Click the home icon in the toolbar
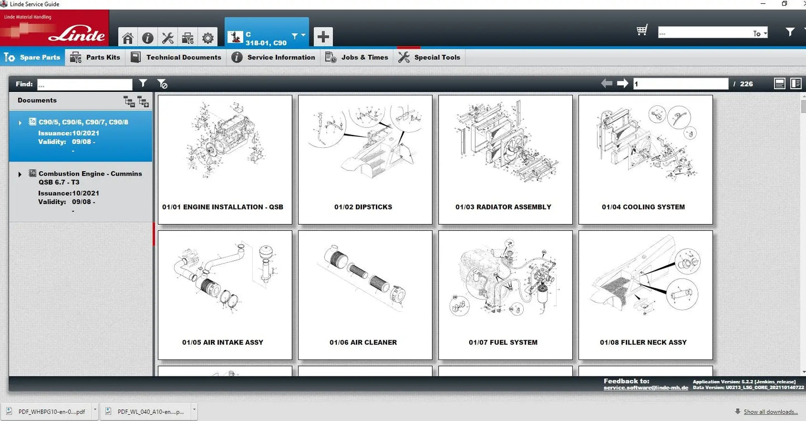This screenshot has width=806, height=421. pyautogui.click(x=128, y=38)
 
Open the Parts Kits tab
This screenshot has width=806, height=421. pyautogui.click(x=95, y=57)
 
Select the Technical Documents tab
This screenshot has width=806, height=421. pyautogui.click(x=176, y=57)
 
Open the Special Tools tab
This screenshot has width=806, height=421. pyautogui.click(x=429, y=57)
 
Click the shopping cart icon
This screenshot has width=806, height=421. pyautogui.click(x=642, y=31)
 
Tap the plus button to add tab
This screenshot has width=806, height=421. pyautogui.click(x=323, y=37)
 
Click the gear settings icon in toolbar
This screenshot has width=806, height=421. pyautogui.click(x=207, y=38)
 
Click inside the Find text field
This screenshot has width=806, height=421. pyautogui.click(x=85, y=84)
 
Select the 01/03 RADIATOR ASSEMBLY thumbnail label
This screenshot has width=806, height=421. pyautogui.click(x=503, y=207)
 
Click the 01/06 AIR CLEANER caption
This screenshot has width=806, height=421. pyautogui.click(x=363, y=342)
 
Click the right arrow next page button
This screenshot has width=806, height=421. pyautogui.click(x=622, y=84)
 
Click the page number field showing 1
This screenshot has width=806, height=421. pyautogui.click(x=680, y=84)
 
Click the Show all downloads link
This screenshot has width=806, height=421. pyautogui.click(x=770, y=412)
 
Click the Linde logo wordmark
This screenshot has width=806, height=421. pyautogui.click(x=76, y=35)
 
